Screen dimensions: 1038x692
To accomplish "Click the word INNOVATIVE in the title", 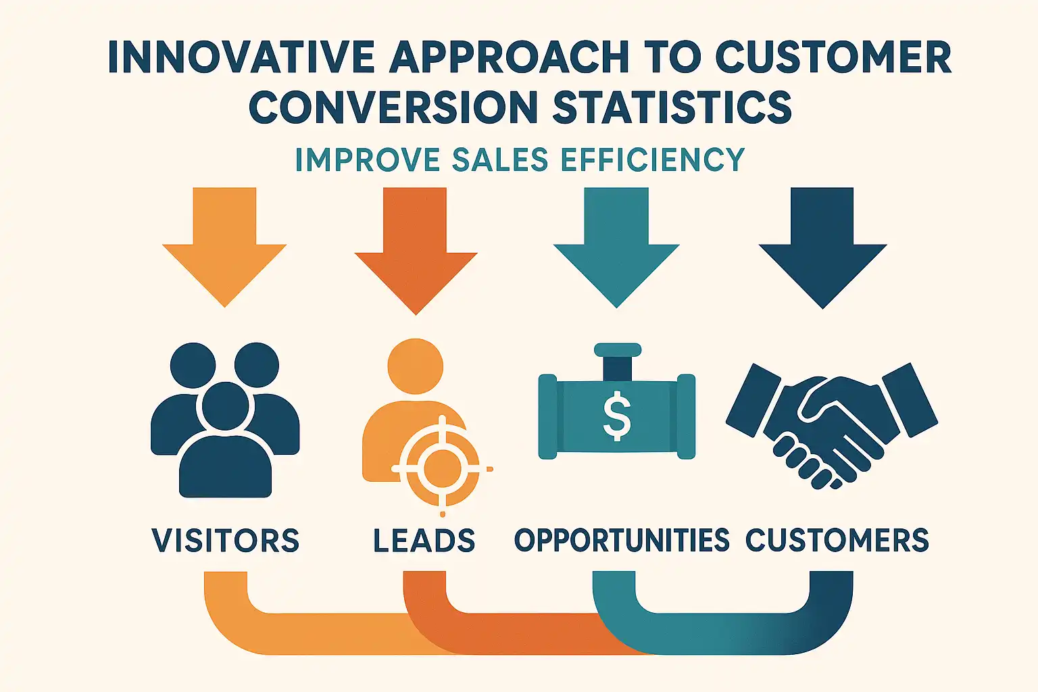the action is pyautogui.click(x=241, y=57).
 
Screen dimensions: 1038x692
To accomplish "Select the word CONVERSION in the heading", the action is pyautogui.click(x=393, y=107).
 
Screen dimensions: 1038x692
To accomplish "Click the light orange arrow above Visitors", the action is pyautogui.click(x=225, y=247).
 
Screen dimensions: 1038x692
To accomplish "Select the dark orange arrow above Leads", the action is pyautogui.click(x=416, y=251).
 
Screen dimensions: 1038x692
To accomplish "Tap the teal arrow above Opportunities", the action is pyautogui.click(x=616, y=247).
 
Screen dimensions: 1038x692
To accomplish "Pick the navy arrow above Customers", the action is pyautogui.click(x=822, y=248).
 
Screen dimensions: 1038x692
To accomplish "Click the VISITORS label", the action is pyautogui.click(x=226, y=541).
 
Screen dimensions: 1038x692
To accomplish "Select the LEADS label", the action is pyautogui.click(x=424, y=541).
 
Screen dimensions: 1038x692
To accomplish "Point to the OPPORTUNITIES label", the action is pyautogui.click(x=622, y=541).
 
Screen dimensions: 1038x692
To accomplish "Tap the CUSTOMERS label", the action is pyautogui.click(x=837, y=541).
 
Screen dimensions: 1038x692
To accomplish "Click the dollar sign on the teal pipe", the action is pyautogui.click(x=617, y=416).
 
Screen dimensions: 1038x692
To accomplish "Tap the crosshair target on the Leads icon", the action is pyautogui.click(x=442, y=468).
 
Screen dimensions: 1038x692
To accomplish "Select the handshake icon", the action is pyautogui.click(x=832, y=426).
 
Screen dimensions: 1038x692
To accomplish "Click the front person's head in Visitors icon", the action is pyautogui.click(x=225, y=407).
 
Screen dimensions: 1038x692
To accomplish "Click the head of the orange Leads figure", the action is pyautogui.click(x=415, y=367).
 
